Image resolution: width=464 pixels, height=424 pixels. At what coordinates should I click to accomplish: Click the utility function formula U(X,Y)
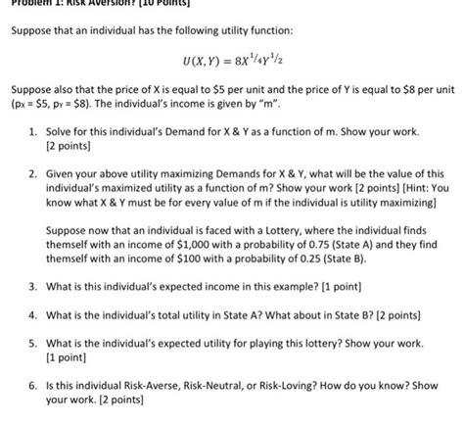coord(232,61)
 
